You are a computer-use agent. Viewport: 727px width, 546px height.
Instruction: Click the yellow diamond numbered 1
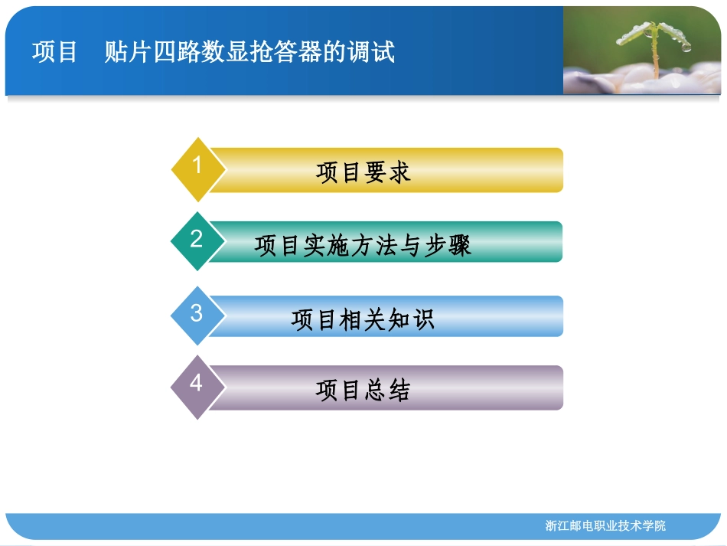click(x=197, y=168)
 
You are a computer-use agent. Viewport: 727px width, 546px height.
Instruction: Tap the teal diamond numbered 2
click(x=197, y=241)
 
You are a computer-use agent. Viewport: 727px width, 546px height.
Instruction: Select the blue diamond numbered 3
click(x=197, y=315)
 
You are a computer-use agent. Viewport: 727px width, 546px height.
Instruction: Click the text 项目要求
click(x=363, y=172)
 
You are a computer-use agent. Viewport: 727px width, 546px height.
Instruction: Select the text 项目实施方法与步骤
click(x=363, y=245)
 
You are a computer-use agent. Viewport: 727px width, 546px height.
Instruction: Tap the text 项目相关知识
click(x=363, y=319)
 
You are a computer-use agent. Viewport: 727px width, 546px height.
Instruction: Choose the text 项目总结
click(x=363, y=391)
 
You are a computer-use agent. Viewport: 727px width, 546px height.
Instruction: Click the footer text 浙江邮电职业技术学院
click(x=605, y=525)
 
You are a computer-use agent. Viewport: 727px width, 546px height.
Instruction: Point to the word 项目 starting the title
click(x=55, y=52)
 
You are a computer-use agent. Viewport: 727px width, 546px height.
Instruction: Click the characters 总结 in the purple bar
click(x=387, y=391)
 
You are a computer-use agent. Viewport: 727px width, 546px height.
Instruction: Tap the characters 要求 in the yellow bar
click(x=387, y=172)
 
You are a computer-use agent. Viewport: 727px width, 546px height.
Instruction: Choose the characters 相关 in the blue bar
click(x=363, y=319)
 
